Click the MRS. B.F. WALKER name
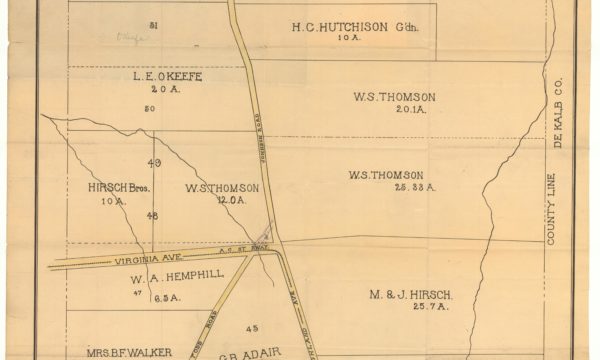coord(131,351)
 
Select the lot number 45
coord(252,327)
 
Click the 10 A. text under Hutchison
coord(348,38)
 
